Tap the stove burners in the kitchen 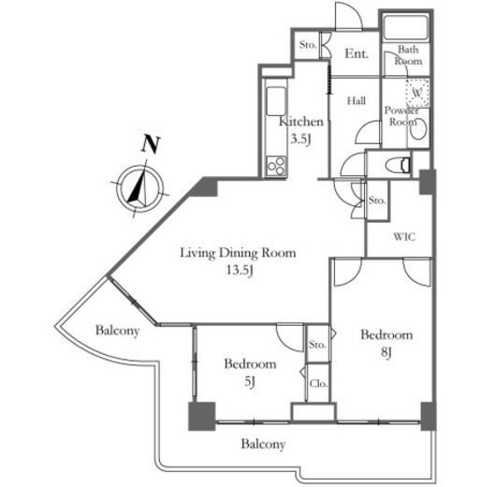[x=276, y=166]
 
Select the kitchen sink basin [x=276, y=101]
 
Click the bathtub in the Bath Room [x=406, y=27]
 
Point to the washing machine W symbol [x=417, y=93]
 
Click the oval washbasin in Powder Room [x=418, y=129]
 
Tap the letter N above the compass [x=151, y=144]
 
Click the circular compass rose [x=139, y=188]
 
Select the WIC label [x=404, y=237]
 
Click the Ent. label [x=357, y=53]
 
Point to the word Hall [x=357, y=101]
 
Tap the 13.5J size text [x=240, y=270]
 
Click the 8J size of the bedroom [x=386, y=352]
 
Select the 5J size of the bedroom [x=250, y=381]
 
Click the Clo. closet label [x=318, y=383]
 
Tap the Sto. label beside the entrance [x=308, y=45]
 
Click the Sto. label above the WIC [x=377, y=199]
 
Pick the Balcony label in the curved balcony [x=117, y=331]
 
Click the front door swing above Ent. [x=349, y=16]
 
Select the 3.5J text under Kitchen [x=300, y=140]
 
